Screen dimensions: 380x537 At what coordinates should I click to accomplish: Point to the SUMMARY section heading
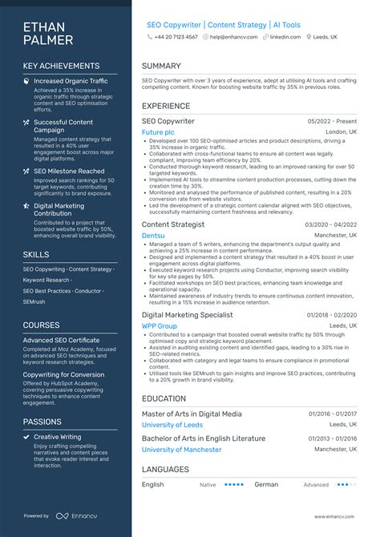[x=161, y=66]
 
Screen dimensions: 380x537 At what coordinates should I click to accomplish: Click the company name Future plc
[x=157, y=131]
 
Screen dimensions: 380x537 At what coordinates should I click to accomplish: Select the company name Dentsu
[x=153, y=236]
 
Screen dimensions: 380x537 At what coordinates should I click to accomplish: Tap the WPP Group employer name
[x=160, y=326]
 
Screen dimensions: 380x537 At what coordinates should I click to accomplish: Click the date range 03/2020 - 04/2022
[x=333, y=225]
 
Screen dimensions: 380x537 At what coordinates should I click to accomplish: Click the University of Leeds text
[x=172, y=424]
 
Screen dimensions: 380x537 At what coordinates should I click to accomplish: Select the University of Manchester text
[x=181, y=450]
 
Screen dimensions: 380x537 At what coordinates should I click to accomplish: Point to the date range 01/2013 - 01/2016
[x=333, y=439]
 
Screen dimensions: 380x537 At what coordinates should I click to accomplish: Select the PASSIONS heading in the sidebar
[x=42, y=421]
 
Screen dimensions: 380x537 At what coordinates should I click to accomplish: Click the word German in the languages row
[x=266, y=484]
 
